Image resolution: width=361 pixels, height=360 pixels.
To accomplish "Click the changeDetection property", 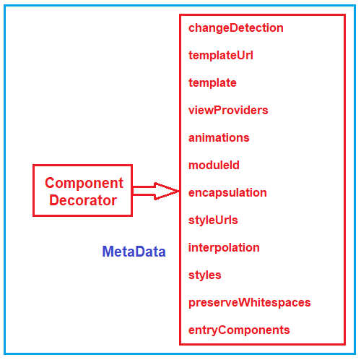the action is tap(236, 28).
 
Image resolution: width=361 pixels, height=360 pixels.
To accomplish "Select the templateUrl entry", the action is tap(221, 56).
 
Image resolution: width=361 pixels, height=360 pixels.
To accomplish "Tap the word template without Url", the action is tap(212, 83).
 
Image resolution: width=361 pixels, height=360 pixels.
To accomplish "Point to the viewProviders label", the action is tap(228, 111).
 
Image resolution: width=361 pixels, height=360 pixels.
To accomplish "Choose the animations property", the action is tap(219, 138).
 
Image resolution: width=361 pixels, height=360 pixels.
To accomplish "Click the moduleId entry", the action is tap(214, 166).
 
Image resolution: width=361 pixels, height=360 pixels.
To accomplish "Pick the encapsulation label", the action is tap(227, 193).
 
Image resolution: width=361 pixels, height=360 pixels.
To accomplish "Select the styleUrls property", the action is tap(213, 220).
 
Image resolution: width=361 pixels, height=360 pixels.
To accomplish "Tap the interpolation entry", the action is tap(224, 248).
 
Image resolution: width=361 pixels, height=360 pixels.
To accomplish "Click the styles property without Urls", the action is tap(204, 275).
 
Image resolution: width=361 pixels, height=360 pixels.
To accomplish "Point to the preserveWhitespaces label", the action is tap(249, 303).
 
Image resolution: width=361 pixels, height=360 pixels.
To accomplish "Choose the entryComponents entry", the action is tap(239, 330).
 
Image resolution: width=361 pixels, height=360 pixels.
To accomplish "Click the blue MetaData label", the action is tap(134, 252).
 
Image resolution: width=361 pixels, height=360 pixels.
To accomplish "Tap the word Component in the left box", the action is tap(84, 183).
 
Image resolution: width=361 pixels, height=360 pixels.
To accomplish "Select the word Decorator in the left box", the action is tap(83, 200).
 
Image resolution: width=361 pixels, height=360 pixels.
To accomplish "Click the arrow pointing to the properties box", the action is tap(156, 191).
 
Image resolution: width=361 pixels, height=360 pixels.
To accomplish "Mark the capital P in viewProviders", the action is tap(217, 110).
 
